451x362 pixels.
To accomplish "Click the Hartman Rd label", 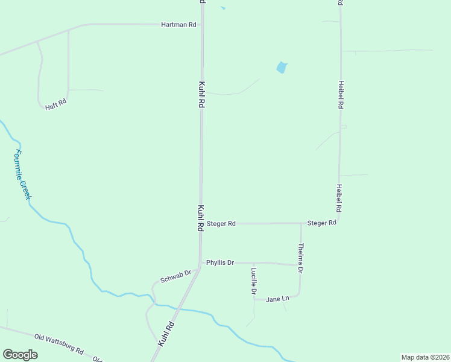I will click(x=179, y=25).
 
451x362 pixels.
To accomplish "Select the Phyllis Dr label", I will click(x=219, y=262).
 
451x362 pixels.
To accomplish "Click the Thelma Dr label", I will click(x=301, y=258).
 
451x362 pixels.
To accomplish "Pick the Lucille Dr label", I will click(x=254, y=281).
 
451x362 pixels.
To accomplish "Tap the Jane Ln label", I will click(x=277, y=299).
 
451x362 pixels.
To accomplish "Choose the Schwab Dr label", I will click(x=175, y=277).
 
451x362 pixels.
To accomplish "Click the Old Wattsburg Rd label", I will click(x=58, y=344).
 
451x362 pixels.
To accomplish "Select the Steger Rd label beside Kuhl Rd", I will click(x=221, y=223).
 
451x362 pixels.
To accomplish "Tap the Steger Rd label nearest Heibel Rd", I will click(x=321, y=223).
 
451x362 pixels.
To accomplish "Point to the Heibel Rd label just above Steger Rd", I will click(x=339, y=198).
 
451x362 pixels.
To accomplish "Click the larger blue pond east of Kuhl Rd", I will click(x=281, y=68).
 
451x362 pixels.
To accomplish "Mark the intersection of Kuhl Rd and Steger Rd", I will click(x=201, y=223).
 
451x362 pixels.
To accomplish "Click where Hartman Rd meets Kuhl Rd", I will click(x=202, y=25).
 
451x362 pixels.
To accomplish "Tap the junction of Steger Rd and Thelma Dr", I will click(x=301, y=223).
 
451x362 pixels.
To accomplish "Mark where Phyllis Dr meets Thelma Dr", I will click(x=300, y=265).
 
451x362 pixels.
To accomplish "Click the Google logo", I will click(x=20, y=355).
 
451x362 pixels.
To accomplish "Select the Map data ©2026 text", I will click(x=424, y=357).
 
